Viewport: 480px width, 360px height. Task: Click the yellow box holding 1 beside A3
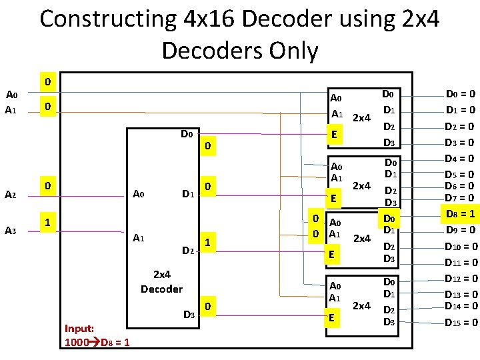[x=45, y=221]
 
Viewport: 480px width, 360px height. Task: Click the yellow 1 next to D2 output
[x=208, y=244]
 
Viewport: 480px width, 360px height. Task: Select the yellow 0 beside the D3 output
[x=208, y=307]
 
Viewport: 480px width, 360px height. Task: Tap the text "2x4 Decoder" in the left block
[x=161, y=281]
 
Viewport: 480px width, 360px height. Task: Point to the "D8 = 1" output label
[x=460, y=214]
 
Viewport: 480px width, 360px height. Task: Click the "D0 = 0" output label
[x=460, y=94]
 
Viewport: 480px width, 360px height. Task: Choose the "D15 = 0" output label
[x=460, y=323]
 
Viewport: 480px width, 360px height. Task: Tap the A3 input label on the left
[x=10, y=231]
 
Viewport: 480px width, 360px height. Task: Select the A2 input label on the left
[x=10, y=195]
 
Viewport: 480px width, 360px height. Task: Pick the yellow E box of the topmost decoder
[x=336, y=135]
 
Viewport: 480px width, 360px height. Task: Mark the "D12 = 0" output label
[x=460, y=279]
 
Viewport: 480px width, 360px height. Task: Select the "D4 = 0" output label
[x=460, y=159]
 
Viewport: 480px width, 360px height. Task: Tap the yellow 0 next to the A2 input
[x=45, y=184]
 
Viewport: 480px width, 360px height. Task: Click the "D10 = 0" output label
[x=460, y=247]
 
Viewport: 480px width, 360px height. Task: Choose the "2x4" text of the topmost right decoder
[x=361, y=119]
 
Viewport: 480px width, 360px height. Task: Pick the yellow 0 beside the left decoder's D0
[x=208, y=145]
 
